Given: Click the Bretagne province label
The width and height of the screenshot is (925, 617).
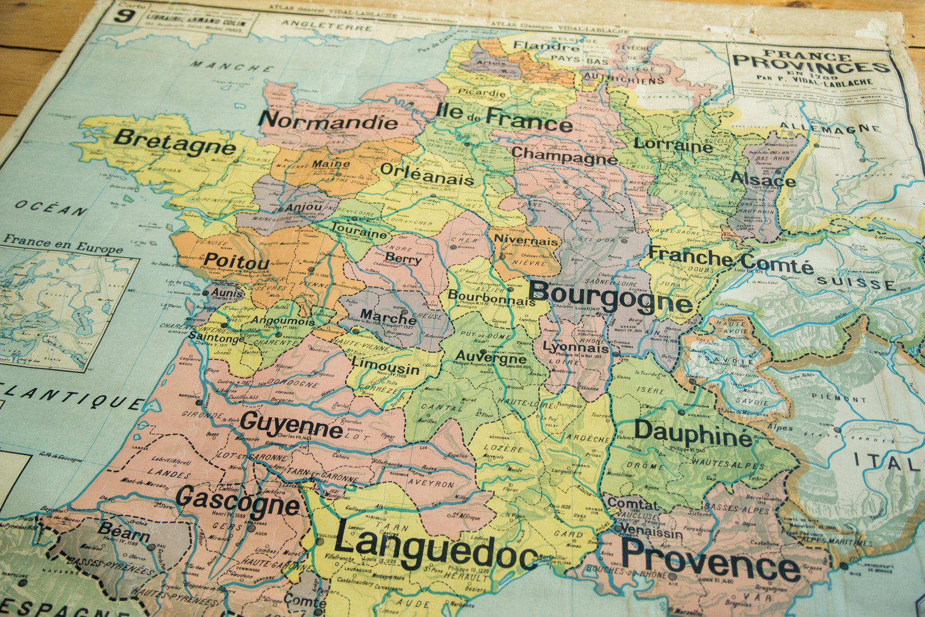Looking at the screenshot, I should pyautogui.click(x=175, y=143).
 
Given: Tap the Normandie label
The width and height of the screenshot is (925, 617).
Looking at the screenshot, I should pyautogui.click(x=328, y=121).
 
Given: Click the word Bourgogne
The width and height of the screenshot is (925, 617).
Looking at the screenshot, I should pyautogui.click(x=610, y=297).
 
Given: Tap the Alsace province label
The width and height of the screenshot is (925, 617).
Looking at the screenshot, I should pyautogui.click(x=763, y=179).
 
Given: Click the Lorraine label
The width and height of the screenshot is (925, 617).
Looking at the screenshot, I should pyautogui.click(x=673, y=145).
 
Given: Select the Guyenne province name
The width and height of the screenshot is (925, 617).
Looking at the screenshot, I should pyautogui.click(x=291, y=426).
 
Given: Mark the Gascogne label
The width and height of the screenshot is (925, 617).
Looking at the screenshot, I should pyautogui.click(x=238, y=501).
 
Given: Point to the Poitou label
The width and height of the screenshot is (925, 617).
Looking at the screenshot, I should pyautogui.click(x=236, y=261).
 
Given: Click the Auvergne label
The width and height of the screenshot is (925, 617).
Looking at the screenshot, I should pyautogui.click(x=491, y=356).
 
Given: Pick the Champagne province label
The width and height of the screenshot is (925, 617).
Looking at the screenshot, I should pyautogui.click(x=564, y=156).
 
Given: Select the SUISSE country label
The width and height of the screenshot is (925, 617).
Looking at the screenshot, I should pyautogui.click(x=856, y=283).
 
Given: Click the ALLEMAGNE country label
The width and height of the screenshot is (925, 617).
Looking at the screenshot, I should pyautogui.click(x=830, y=128).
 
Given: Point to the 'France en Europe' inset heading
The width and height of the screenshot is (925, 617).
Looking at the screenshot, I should pyautogui.click(x=63, y=243).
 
